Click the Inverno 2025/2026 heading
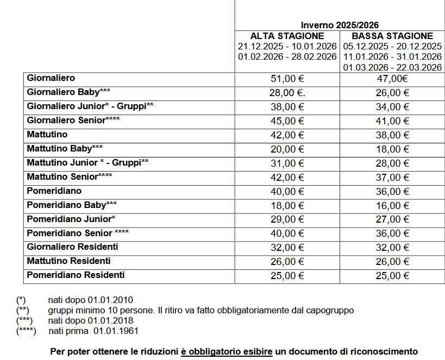coord(340,25)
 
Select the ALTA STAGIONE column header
coord(287,36)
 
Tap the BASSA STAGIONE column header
coord(392,36)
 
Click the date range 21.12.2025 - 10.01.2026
coord(287,46)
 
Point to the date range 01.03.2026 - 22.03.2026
coord(392,67)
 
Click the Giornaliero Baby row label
coord(69,92)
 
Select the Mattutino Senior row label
coord(70,176)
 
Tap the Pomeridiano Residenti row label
coord(76,275)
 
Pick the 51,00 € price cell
coord(287,79)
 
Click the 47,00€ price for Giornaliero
coord(392,79)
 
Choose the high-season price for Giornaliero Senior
coord(287,121)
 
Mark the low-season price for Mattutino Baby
coord(392,149)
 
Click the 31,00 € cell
coord(287,163)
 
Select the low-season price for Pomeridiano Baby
coord(392,205)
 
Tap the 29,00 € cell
coord(287,219)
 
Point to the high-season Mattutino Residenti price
coord(287,262)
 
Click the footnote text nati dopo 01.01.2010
coord(90,300)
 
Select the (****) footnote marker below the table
coord(27,331)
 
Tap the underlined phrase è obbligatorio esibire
coord(227,351)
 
